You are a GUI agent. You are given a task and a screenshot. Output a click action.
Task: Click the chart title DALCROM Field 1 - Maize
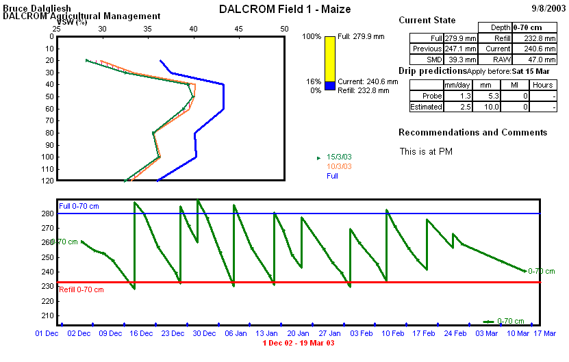coord(285,9)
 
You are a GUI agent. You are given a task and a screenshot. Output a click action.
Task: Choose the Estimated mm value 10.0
coord(490,107)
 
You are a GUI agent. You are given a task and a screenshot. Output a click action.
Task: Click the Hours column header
coord(542,85)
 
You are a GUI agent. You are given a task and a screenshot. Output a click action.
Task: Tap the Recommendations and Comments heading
coord(472,133)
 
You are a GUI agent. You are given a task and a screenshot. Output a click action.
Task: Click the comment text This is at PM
coord(426,152)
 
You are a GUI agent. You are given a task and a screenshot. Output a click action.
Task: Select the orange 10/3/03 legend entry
coord(339,166)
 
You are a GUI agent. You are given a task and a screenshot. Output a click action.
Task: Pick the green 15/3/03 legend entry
coord(339,157)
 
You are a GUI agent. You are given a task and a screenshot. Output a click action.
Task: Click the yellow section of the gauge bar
coord(329,58)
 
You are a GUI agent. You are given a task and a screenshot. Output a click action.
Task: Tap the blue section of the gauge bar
coord(329,86)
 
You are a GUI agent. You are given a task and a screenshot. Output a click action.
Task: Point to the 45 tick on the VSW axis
coord(238,29)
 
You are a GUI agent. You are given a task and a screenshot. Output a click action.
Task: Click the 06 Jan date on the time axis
coord(236,333)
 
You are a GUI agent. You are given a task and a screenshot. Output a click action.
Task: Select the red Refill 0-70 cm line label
coord(81,289)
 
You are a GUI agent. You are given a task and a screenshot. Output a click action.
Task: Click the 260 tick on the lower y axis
coord(48,242)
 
